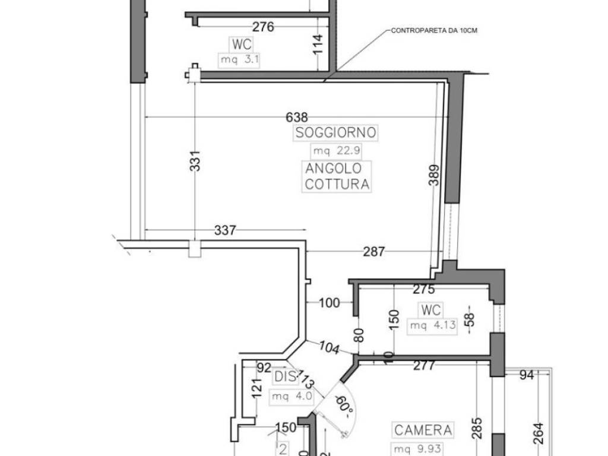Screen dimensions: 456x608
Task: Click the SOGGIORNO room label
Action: click(336, 132)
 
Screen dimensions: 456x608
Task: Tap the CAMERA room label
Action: click(423, 430)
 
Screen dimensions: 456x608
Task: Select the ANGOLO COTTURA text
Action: click(337, 176)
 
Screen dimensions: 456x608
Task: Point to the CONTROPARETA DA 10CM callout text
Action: click(434, 30)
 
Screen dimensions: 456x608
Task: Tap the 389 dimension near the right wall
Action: click(434, 175)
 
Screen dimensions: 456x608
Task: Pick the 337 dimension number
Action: click(225, 230)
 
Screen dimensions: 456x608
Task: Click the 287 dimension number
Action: click(374, 252)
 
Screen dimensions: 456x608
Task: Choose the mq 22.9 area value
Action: click(337, 150)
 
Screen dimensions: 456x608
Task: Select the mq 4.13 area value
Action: click(432, 325)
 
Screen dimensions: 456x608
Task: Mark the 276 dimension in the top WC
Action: click(263, 27)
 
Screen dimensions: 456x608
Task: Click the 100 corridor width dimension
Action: click(329, 303)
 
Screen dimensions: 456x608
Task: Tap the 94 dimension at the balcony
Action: click(527, 374)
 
